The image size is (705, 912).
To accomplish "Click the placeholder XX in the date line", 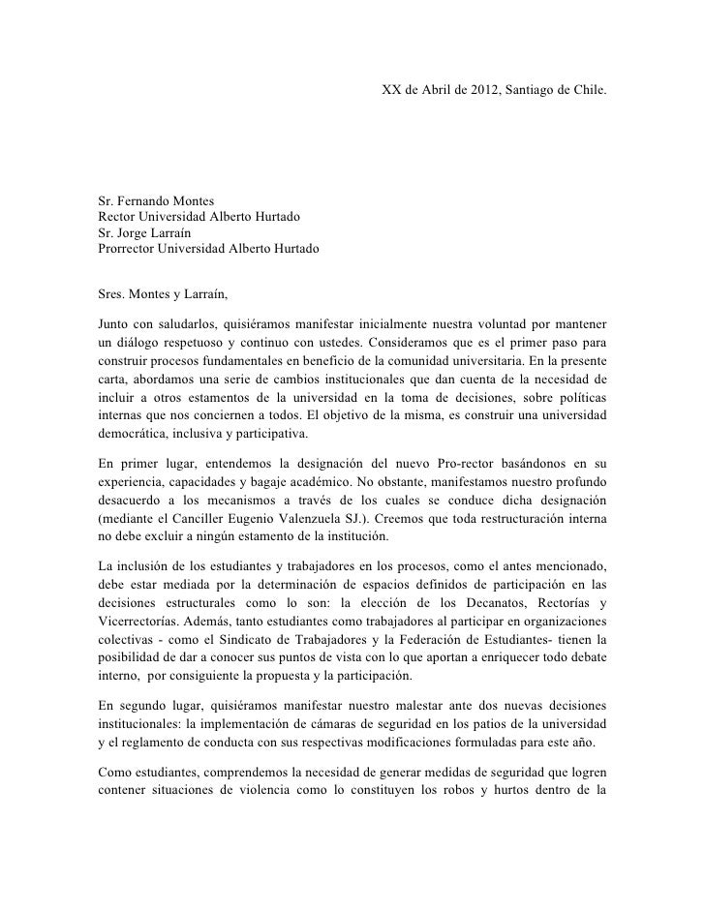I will pyautogui.click(x=391, y=89).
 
